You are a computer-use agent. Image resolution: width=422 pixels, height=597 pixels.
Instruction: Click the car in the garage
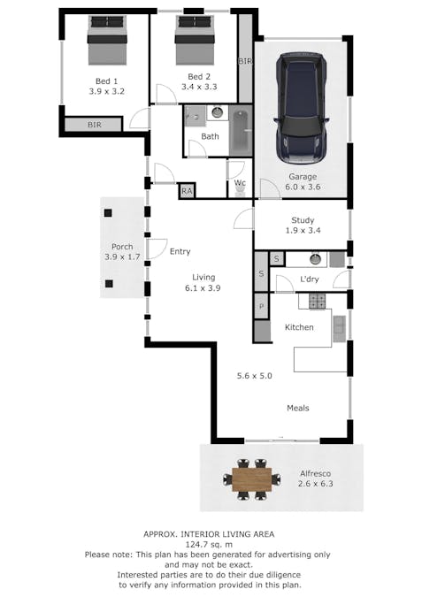pyautogui.click(x=302, y=108)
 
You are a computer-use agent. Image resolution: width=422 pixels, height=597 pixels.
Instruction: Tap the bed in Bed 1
pyautogui.click(x=107, y=41)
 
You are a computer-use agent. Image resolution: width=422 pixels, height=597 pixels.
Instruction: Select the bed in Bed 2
pyautogui.click(x=195, y=41)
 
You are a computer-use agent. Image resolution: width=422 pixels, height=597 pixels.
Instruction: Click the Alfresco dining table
pyautogui.click(x=252, y=479)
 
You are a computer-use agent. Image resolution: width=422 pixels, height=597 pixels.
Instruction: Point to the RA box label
pyautogui.click(x=187, y=191)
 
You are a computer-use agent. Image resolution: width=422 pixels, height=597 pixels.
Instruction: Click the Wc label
pyautogui.click(x=240, y=183)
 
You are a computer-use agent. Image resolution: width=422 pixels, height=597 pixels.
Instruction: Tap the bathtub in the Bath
pyautogui.click(x=241, y=130)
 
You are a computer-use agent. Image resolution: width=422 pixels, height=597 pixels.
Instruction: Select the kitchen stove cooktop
pyautogui.click(x=317, y=302)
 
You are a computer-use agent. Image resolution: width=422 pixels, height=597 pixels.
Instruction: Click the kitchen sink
pyautogui.click(x=339, y=329)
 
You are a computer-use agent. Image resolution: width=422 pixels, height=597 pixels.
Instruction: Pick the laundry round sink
pyautogui.click(x=315, y=259)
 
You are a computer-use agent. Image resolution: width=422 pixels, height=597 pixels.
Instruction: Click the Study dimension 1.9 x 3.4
pyautogui.click(x=303, y=230)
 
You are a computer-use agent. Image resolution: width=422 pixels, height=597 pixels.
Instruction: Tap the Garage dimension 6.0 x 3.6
pyautogui.click(x=303, y=187)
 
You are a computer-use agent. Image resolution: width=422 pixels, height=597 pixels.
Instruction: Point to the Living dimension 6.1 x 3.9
pyautogui.click(x=203, y=288)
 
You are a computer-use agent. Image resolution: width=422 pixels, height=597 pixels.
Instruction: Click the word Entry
pyautogui.click(x=180, y=252)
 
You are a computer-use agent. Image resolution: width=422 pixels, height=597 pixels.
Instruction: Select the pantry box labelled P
pyautogui.click(x=261, y=306)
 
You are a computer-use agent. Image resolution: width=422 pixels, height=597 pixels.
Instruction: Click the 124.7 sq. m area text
pyautogui.click(x=209, y=545)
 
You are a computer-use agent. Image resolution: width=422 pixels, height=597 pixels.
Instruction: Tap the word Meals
pyautogui.click(x=298, y=408)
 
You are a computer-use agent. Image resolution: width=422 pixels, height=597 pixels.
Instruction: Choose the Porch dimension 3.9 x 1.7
pyautogui.click(x=122, y=257)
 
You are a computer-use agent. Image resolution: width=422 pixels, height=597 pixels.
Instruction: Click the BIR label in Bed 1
pyautogui.click(x=95, y=125)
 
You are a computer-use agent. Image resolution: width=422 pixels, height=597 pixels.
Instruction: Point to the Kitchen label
pyautogui.click(x=299, y=327)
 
